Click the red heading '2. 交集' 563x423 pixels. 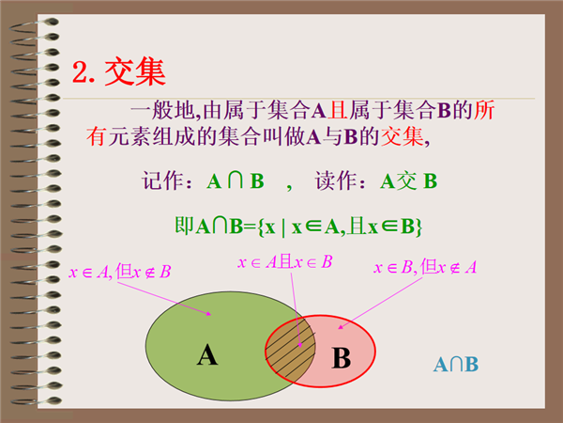point(118,72)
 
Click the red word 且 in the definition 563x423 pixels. point(338,110)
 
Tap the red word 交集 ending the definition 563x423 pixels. point(403,136)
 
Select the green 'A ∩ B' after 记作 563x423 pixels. point(236,180)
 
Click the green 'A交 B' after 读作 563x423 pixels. point(409,180)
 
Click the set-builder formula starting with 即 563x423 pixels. point(298,227)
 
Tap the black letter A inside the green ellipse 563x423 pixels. point(207,355)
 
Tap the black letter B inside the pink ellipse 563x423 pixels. point(342,358)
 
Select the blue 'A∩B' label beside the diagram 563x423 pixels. point(456,365)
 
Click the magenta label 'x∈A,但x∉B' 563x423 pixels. point(119,272)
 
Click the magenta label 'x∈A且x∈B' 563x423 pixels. point(284,262)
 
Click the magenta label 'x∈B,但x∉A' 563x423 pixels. point(425,267)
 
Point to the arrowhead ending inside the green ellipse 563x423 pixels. point(209,314)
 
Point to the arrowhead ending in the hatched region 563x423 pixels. point(300,345)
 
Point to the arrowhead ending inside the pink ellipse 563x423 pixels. point(340,326)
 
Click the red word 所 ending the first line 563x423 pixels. point(484,110)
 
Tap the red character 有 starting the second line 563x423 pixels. point(96,136)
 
